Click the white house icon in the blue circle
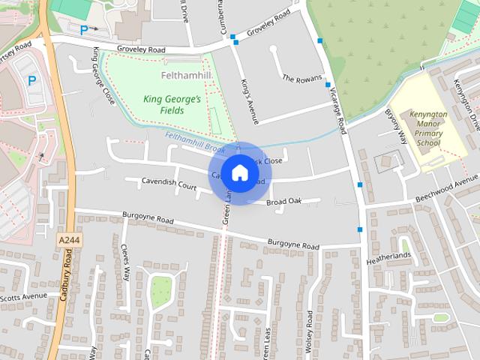click(239, 172)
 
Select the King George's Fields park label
click(163, 105)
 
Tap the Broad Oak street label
click(283, 201)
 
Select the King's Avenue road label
click(249, 100)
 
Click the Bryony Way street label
click(395, 128)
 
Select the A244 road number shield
click(68, 239)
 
